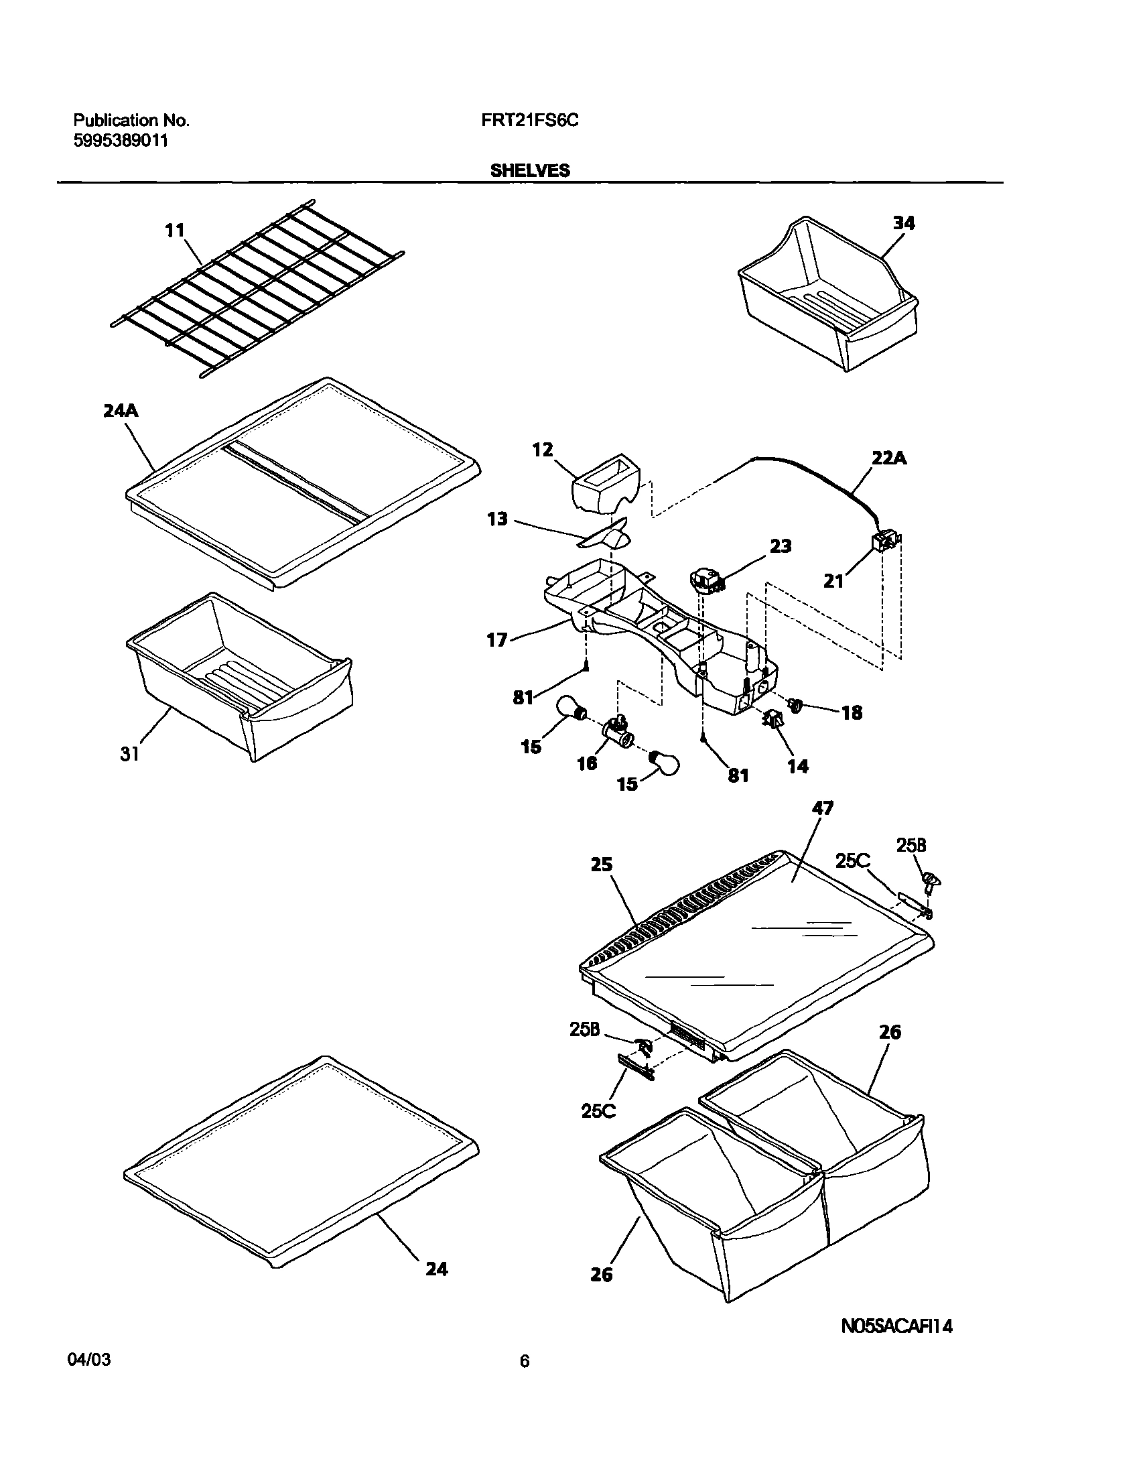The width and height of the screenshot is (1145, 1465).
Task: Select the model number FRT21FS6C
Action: coord(529,121)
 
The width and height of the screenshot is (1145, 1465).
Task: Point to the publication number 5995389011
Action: coord(120,141)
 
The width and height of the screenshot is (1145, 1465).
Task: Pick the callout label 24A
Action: coord(121,411)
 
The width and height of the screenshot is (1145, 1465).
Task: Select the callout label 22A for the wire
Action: coord(889,458)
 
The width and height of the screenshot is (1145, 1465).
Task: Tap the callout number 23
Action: coord(780,546)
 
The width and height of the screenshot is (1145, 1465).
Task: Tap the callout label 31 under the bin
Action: coord(129,754)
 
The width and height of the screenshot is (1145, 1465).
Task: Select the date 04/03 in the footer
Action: coord(89,1360)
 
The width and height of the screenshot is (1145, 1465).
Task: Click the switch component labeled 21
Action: coord(886,540)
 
